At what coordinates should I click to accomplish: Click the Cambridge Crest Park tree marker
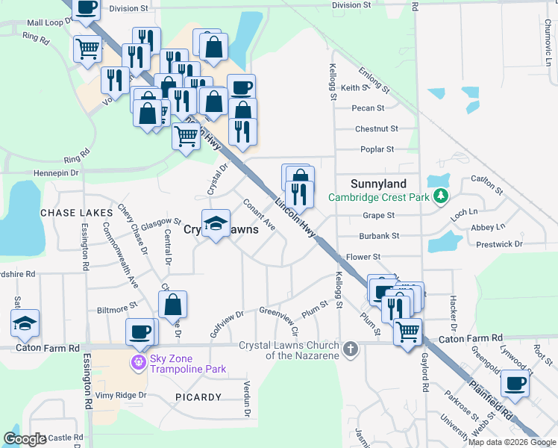(x=442, y=196)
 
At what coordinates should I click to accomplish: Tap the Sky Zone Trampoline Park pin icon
(x=137, y=364)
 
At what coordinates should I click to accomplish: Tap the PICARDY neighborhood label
(x=198, y=397)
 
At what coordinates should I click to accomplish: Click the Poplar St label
(x=377, y=149)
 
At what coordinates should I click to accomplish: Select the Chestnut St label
(x=377, y=129)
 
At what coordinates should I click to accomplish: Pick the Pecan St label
(x=369, y=108)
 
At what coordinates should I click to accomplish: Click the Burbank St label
(x=380, y=236)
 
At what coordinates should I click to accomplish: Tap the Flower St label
(x=364, y=257)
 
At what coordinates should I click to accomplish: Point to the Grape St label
(x=378, y=216)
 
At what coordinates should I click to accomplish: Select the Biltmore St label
(x=118, y=305)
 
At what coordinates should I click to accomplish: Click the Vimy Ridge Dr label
(x=122, y=395)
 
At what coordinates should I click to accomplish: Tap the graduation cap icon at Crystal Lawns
(x=216, y=223)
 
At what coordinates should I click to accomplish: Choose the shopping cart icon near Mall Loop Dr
(x=88, y=49)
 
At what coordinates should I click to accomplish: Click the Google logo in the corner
(x=25, y=439)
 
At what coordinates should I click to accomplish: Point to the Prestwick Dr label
(x=500, y=244)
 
